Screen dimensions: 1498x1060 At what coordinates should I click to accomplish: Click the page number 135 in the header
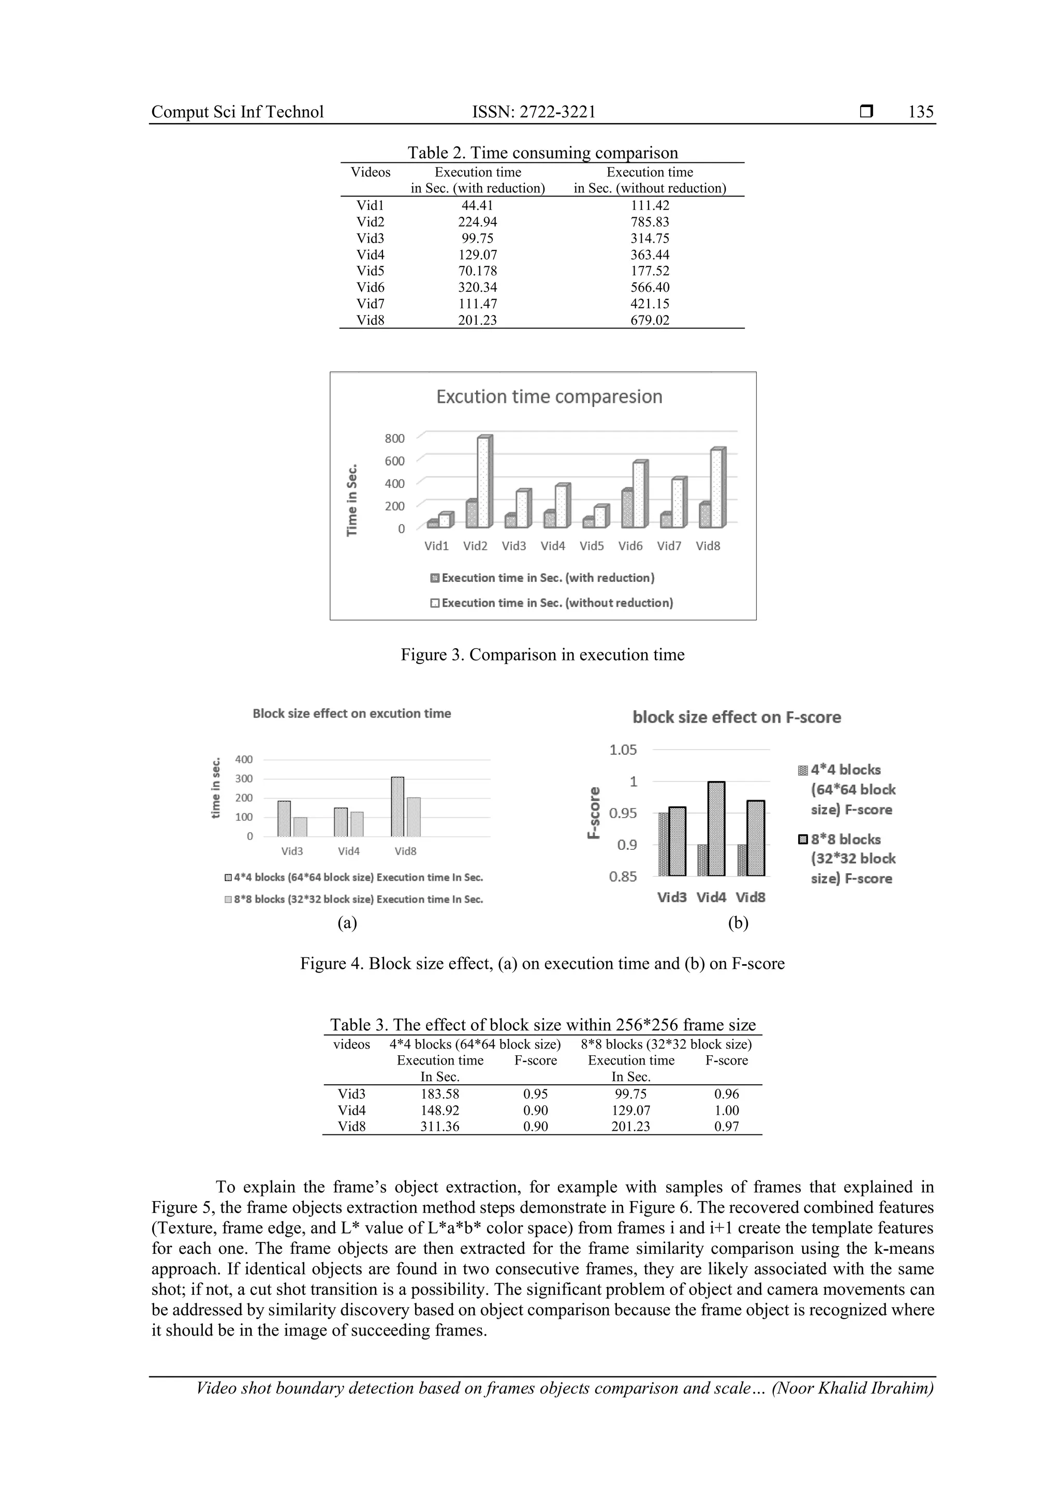(920, 112)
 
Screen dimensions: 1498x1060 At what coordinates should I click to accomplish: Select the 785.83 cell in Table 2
(650, 222)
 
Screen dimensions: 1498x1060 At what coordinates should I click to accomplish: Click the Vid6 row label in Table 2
(370, 287)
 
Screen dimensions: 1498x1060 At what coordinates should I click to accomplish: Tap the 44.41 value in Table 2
(477, 205)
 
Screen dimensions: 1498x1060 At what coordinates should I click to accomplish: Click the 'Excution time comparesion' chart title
(549, 397)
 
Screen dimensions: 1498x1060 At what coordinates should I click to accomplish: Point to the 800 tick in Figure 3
(394, 439)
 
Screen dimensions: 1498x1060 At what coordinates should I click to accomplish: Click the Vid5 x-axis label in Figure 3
(592, 546)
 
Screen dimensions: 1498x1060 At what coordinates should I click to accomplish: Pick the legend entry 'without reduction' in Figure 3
(552, 603)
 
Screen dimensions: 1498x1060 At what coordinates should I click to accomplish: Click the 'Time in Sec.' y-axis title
(352, 500)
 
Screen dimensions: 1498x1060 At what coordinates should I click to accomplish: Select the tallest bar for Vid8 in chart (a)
(397, 806)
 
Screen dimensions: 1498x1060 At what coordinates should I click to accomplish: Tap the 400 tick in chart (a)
(243, 759)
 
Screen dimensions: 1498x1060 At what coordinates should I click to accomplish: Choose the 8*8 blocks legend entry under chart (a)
(354, 899)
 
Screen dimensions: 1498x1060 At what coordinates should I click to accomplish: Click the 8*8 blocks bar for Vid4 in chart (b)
(716, 829)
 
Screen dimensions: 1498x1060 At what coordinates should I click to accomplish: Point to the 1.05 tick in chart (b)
(623, 750)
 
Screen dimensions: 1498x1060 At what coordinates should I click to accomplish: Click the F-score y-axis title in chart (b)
(594, 813)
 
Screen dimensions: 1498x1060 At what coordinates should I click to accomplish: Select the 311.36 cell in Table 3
(439, 1127)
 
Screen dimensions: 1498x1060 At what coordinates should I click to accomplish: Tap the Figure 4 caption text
(542, 964)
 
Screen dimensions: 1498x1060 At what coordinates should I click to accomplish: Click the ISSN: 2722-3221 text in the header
(534, 112)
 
